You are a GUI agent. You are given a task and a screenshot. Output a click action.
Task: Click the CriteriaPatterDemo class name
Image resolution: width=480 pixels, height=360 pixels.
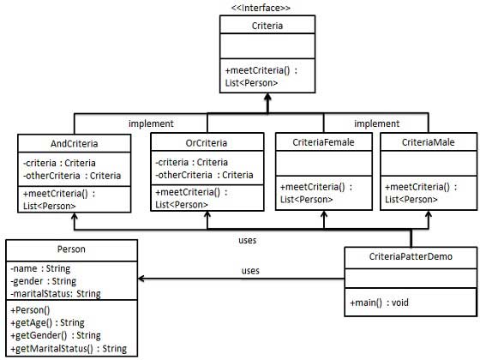410,256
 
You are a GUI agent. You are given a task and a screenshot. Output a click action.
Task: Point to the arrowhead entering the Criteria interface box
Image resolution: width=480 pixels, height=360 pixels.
268,99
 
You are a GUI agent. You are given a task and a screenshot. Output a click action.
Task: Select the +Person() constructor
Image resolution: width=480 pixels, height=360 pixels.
33,309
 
